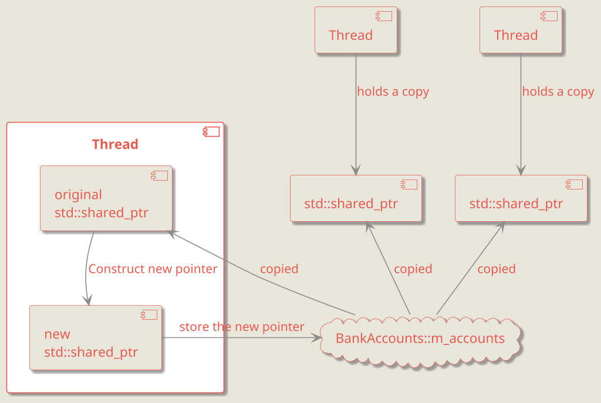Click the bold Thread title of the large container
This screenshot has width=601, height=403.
click(115, 144)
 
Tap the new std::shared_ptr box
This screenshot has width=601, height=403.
click(96, 337)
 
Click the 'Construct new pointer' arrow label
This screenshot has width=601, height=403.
click(153, 269)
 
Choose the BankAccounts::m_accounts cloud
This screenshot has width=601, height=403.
click(420, 338)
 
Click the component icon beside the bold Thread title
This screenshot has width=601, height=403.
click(211, 131)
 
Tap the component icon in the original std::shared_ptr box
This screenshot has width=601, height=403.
click(160, 175)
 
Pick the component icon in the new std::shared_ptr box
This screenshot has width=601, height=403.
click(149, 314)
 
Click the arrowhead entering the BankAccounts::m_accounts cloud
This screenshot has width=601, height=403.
click(317, 337)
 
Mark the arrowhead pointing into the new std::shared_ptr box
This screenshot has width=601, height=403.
click(89, 301)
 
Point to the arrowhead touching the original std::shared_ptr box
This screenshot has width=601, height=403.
click(172, 232)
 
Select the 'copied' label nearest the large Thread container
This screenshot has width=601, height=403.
click(279, 269)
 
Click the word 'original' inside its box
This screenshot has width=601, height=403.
click(78, 194)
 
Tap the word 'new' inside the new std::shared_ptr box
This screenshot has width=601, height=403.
click(57, 334)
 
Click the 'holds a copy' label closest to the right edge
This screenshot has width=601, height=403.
click(558, 92)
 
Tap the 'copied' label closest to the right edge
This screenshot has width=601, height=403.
click(496, 269)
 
